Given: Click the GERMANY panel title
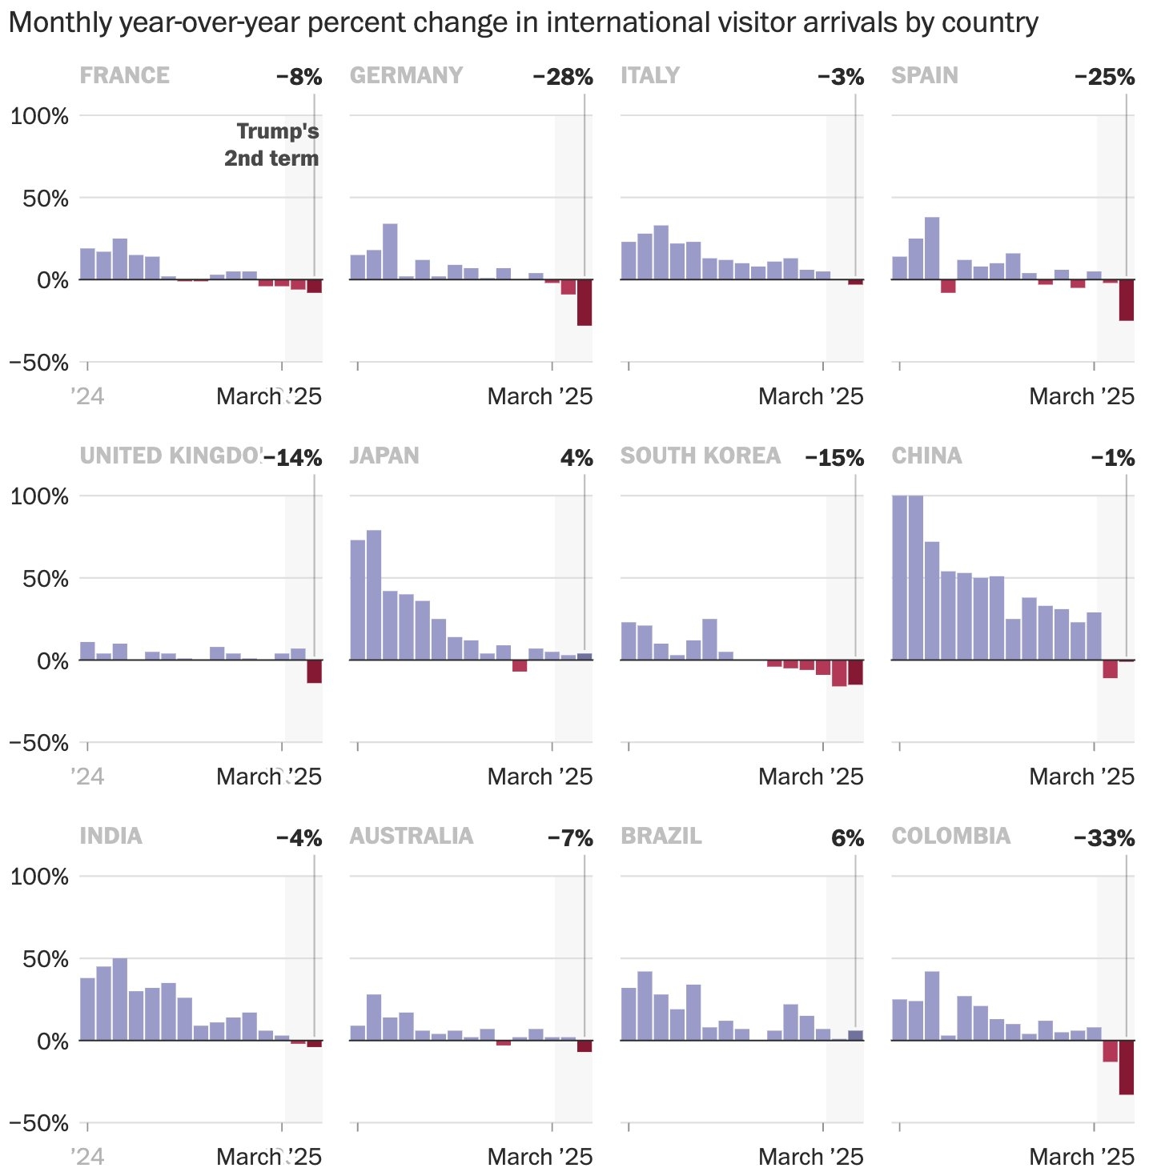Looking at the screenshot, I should [406, 75].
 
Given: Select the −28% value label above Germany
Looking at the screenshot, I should [563, 78].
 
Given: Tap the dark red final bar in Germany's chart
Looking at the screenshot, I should [585, 303].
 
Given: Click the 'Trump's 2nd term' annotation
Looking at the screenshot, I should [271, 145].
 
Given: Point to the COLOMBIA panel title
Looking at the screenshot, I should [950, 836].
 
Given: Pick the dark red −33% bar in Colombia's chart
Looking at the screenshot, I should [1126, 1067].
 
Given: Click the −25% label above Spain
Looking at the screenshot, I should [1104, 78].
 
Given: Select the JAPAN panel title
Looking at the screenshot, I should [384, 456].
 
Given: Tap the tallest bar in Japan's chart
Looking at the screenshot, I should [374, 595].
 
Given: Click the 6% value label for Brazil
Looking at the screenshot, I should [847, 838].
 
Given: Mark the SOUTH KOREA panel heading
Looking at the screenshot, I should [700, 456].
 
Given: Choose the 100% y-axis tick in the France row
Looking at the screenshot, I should [39, 116].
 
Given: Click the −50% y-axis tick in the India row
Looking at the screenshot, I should [39, 1123].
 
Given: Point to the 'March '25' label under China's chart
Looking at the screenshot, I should [1082, 777].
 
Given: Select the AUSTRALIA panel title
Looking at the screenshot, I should [411, 836].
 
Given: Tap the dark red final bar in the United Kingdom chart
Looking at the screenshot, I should [314, 672].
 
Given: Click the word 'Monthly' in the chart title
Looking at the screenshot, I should [60, 22].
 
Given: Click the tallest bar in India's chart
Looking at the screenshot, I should [120, 999].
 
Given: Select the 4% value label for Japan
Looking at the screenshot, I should [576, 458].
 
